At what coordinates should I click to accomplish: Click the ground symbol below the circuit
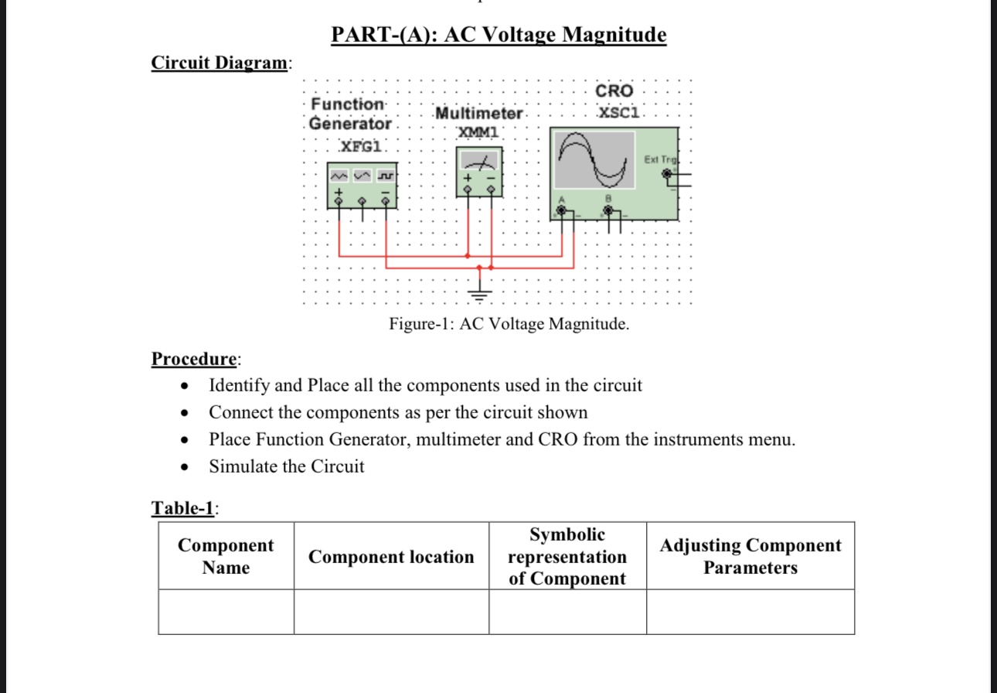(x=480, y=292)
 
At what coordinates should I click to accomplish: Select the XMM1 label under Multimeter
(x=479, y=132)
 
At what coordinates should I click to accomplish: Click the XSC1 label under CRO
(x=619, y=114)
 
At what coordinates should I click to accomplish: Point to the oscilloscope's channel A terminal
(x=562, y=210)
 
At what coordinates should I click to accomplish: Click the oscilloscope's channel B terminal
(x=609, y=210)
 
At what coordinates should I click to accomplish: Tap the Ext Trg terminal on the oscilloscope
(x=668, y=175)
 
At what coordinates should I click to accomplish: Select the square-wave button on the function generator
(x=383, y=177)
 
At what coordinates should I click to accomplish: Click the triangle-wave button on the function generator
(x=362, y=177)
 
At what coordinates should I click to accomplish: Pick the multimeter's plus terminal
(x=468, y=190)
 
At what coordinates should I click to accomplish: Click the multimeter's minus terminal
(x=491, y=190)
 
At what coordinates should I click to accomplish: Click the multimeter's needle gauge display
(x=479, y=162)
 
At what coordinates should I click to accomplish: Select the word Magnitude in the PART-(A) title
(x=614, y=35)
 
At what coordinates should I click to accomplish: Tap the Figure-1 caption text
(x=509, y=324)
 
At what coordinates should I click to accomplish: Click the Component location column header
(x=391, y=557)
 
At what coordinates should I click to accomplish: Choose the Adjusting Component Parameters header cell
(x=750, y=557)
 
